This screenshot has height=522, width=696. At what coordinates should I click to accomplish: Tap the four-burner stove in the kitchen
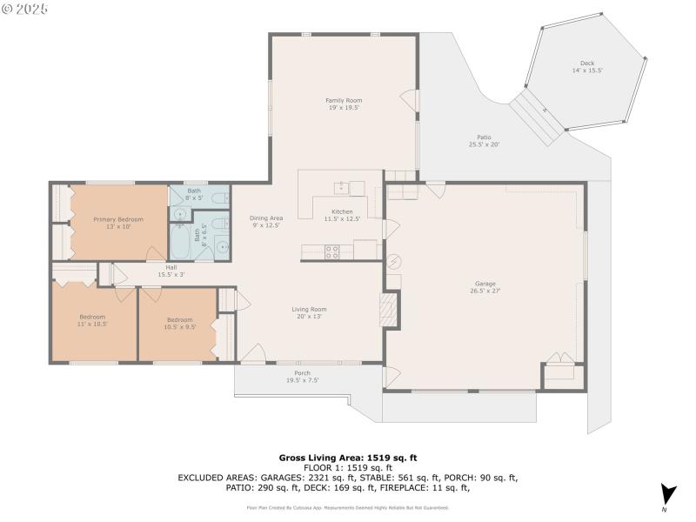tap(332, 251)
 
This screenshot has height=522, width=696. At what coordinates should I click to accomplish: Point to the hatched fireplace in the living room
tap(390, 309)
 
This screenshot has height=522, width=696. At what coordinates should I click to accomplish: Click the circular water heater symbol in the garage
tap(394, 260)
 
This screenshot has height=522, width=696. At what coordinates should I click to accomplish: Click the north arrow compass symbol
tap(667, 494)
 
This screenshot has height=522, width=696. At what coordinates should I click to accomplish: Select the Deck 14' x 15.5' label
tap(592, 66)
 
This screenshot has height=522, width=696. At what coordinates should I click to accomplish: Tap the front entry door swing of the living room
tap(253, 353)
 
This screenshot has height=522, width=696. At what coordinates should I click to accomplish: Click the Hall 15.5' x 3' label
tap(171, 271)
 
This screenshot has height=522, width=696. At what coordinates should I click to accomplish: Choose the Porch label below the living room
tap(302, 376)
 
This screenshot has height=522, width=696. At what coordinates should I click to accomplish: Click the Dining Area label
tap(266, 221)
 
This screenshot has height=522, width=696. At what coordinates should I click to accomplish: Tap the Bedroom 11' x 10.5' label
tap(92, 319)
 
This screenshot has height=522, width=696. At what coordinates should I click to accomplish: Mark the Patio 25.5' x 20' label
tap(484, 140)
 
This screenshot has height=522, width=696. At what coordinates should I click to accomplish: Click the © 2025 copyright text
tap(25, 8)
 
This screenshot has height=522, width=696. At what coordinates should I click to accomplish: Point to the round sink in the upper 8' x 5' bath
tap(181, 212)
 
